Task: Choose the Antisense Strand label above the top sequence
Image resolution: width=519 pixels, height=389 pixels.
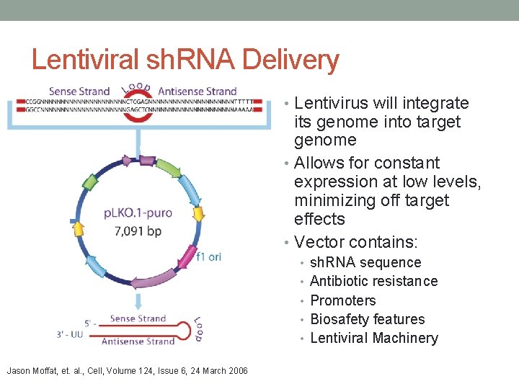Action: pyautogui.click(x=197, y=91)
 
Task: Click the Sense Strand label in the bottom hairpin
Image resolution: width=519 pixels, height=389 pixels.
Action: pyautogui.click(x=137, y=318)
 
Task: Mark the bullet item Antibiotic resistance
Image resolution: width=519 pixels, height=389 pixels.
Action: pyautogui.click(x=373, y=281)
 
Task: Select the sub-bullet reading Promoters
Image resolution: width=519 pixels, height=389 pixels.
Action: pyautogui.click(x=342, y=300)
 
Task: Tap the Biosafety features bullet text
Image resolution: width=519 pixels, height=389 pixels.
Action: pyautogui.click(x=367, y=319)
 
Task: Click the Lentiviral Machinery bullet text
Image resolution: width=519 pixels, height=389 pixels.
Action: pyautogui.click(x=373, y=338)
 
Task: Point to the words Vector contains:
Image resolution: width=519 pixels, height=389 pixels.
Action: pyautogui.click(x=358, y=242)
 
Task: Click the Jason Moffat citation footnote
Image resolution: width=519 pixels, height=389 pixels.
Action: pyautogui.click(x=127, y=371)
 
